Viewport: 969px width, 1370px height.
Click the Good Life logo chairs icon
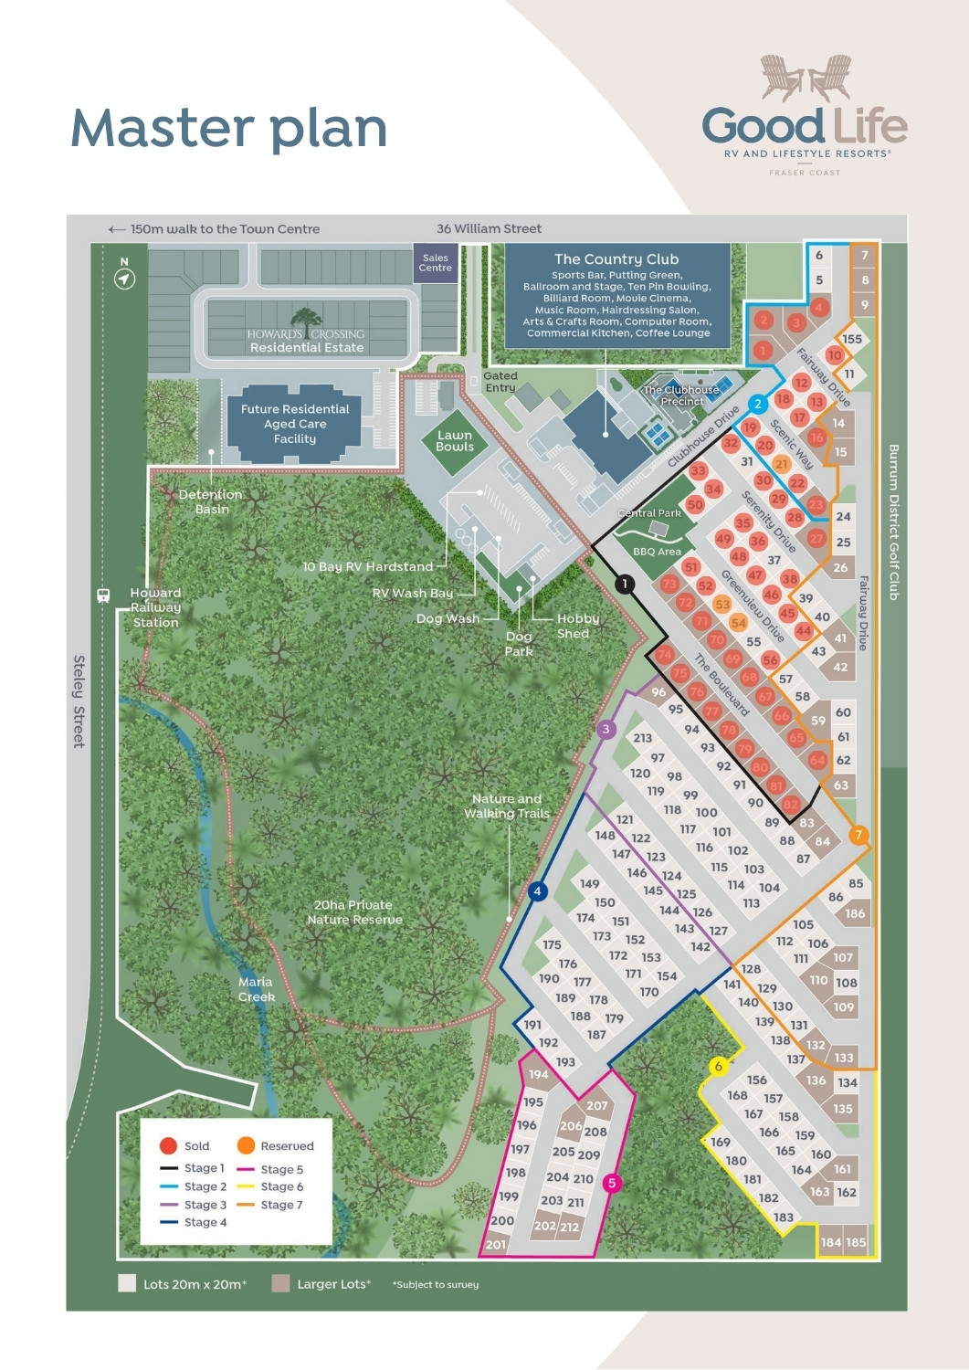806,78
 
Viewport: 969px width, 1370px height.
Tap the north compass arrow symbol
124,279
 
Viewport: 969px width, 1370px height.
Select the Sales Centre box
435,263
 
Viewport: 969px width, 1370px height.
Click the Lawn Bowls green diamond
454,441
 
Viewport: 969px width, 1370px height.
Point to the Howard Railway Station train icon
103,595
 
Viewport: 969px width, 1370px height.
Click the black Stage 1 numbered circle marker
625,584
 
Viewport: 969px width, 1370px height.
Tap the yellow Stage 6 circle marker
718,1066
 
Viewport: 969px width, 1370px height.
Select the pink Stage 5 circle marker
612,1183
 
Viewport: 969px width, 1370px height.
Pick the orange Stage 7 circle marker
858,835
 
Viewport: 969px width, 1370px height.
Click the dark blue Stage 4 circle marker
537,891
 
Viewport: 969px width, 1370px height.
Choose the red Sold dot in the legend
168,1145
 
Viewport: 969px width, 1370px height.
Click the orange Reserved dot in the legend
246,1145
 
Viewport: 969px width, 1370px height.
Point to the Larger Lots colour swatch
280,1283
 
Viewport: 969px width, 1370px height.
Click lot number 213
642,738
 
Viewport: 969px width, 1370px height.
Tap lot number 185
856,1242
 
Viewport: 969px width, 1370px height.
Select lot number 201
495,1244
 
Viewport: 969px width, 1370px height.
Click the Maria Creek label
256,989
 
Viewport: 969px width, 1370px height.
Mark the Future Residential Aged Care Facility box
295,424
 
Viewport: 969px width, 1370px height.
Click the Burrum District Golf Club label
893,522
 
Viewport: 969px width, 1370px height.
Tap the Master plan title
228,128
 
